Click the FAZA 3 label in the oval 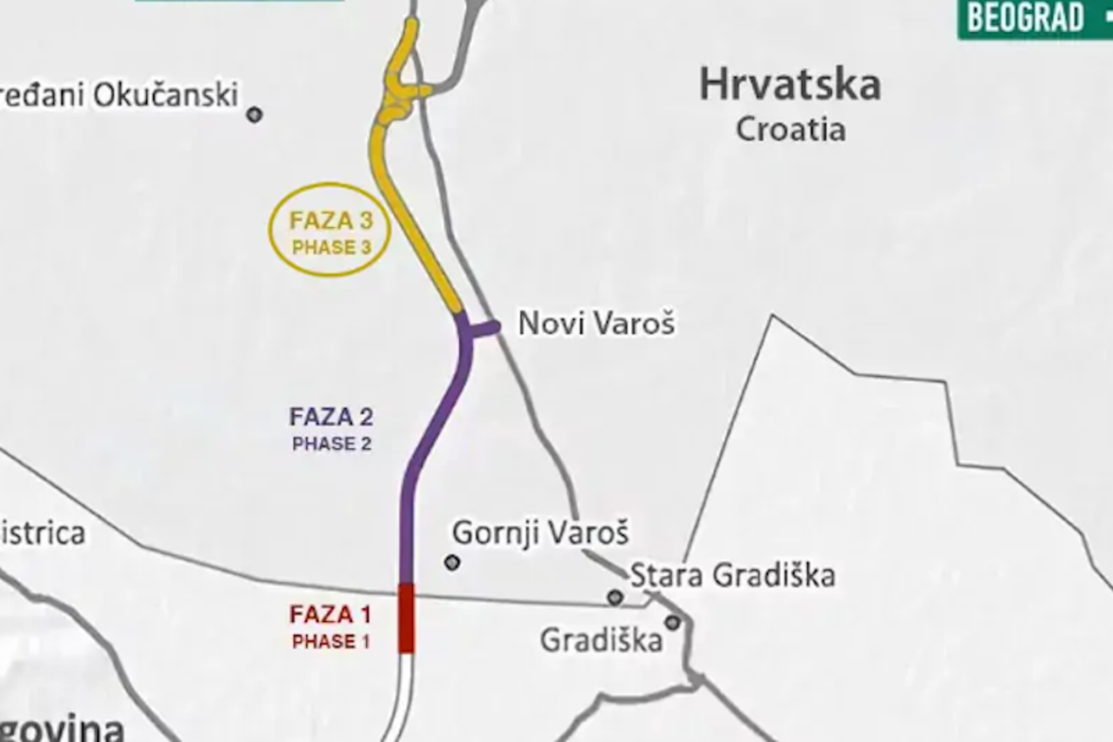(x=330, y=221)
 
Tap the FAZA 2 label (x=331, y=418)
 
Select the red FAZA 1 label (x=330, y=615)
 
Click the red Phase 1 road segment (x=406, y=618)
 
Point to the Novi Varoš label (x=596, y=324)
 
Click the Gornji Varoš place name (x=540, y=532)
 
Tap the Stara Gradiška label (x=732, y=575)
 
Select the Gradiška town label (x=601, y=641)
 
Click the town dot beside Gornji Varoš (x=451, y=563)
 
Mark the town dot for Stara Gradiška (x=615, y=597)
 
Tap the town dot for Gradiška (x=672, y=623)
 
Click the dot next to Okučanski (x=254, y=115)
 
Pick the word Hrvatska (x=790, y=85)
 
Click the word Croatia (x=790, y=130)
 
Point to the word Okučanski (x=165, y=95)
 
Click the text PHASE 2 (x=331, y=445)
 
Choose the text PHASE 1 (x=330, y=642)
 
